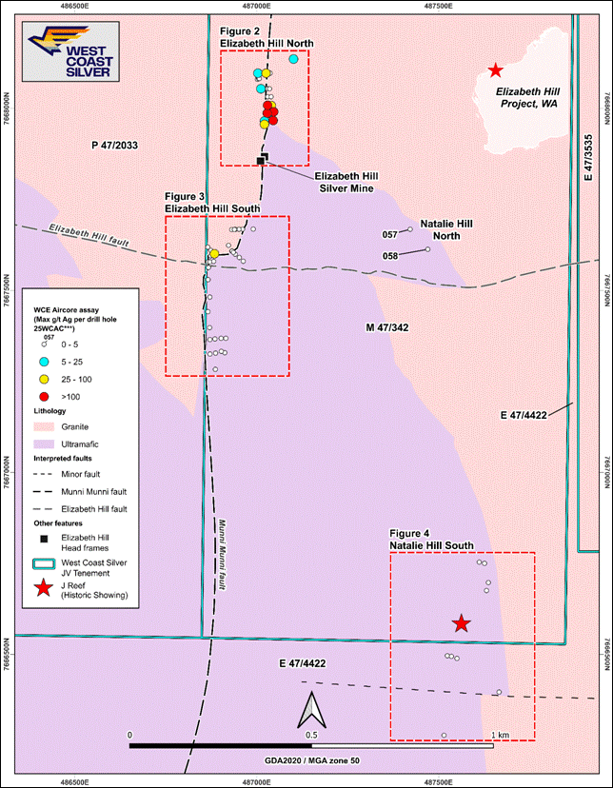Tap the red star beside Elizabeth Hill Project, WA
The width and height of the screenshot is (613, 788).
495,69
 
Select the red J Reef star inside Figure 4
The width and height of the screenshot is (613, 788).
462,623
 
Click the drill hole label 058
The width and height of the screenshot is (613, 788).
389,255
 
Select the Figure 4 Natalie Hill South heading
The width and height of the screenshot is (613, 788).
430,540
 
